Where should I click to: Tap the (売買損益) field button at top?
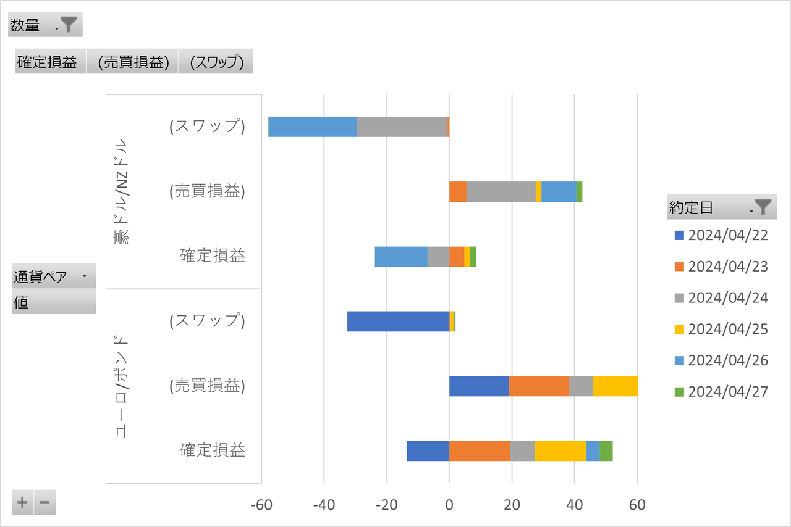coord(132,62)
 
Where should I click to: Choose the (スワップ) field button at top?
coord(216,62)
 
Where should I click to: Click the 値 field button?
coord(54,302)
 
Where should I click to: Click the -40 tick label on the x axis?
coord(324,505)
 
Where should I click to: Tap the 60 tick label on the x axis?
coord(637,505)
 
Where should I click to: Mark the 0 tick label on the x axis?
coord(449,505)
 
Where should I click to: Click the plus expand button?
coord(23,502)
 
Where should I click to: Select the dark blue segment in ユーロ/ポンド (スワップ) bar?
coord(398,322)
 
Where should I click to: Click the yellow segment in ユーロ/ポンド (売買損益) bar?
coord(615,386)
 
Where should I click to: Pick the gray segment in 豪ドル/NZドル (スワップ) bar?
coord(402,127)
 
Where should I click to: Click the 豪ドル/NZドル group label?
coord(122,191)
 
